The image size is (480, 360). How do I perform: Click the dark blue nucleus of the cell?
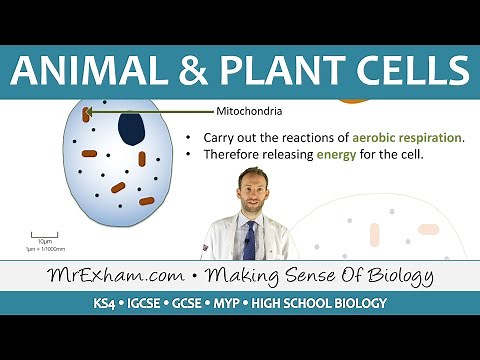(131, 128)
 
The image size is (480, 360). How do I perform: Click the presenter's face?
(250, 190)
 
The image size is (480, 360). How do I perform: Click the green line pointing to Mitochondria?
(150, 111)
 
